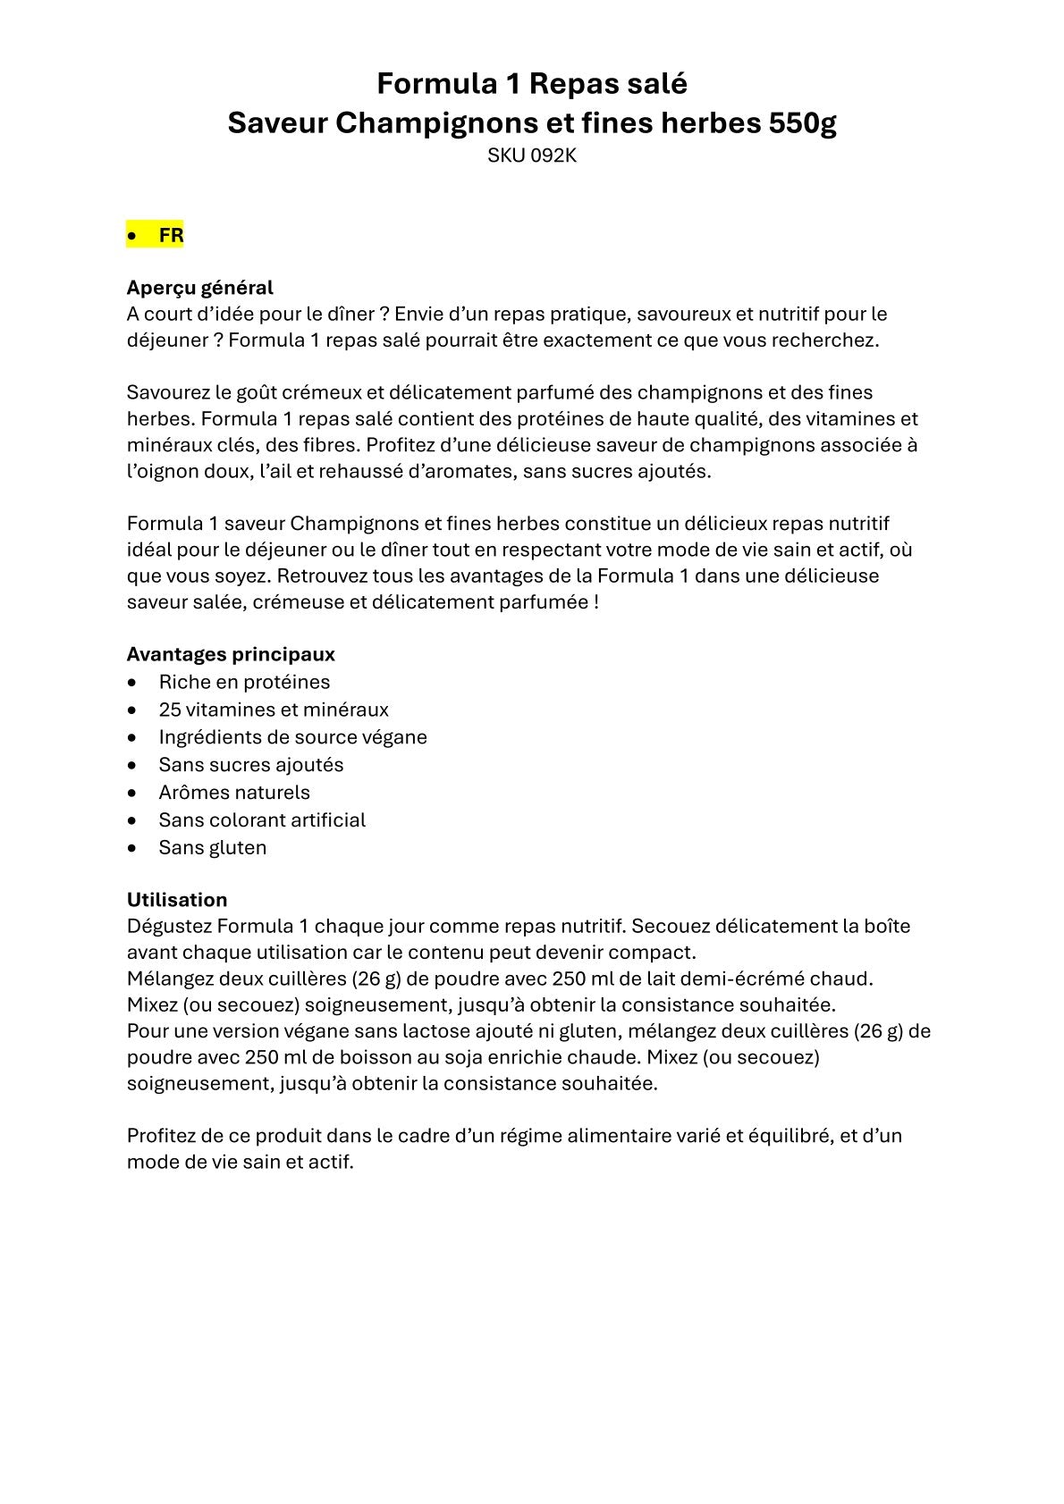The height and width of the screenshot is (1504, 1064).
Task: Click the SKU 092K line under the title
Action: click(x=531, y=155)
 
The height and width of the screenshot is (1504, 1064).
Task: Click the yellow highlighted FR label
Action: click(x=171, y=236)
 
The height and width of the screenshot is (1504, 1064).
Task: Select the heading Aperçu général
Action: click(x=199, y=288)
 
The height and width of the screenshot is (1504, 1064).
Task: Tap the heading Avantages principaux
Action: click(x=231, y=654)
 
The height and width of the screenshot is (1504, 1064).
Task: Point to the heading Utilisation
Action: click(x=177, y=900)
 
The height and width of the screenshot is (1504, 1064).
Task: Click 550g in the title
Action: click(x=802, y=123)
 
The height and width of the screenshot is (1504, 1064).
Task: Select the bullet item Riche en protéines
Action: click(x=244, y=682)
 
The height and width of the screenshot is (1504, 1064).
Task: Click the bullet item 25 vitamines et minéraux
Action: click(x=274, y=710)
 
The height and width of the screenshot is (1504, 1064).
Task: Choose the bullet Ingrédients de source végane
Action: click(x=292, y=737)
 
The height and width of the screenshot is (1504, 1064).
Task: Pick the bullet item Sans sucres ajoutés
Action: click(x=251, y=765)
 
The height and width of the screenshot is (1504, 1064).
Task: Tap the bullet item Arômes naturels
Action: click(x=234, y=793)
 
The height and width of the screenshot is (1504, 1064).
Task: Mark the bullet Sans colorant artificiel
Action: click(x=262, y=820)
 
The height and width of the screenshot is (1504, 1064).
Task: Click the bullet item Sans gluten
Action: click(x=213, y=848)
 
